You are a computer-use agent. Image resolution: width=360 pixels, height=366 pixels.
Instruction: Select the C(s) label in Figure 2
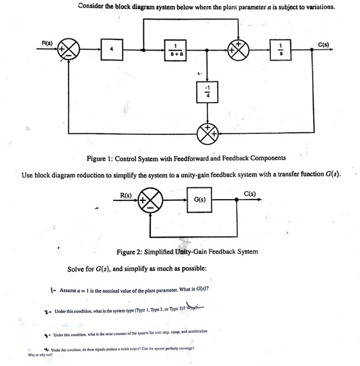[x=250, y=193]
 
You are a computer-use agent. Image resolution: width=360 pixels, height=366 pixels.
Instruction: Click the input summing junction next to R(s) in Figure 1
[x=70, y=52]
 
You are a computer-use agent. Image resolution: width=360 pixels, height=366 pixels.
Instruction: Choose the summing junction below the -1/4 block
[x=205, y=130]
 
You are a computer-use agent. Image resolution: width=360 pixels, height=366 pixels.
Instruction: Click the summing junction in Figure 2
[x=150, y=199]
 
